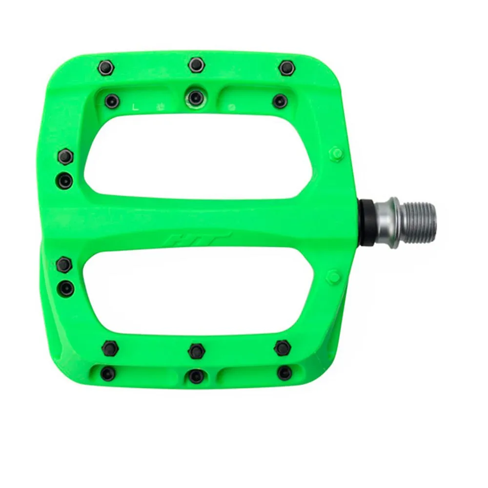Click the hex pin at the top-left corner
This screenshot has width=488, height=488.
pos(106,67)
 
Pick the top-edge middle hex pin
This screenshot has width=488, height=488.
pos(196,63)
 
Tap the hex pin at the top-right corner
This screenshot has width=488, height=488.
pos(286,66)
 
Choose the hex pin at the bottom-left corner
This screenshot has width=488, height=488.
pos(110,347)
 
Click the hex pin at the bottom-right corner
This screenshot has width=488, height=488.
pos(283,347)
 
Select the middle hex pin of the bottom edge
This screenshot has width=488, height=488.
pos(196,350)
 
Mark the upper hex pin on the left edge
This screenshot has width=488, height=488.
pos(65,156)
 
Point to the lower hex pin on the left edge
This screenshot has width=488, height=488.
pos(64,265)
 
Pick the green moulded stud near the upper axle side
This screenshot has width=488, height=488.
pos(336,153)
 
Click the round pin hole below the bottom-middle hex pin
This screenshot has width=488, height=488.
pos(196,375)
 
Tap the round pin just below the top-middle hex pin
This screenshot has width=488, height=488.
pos(196,96)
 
